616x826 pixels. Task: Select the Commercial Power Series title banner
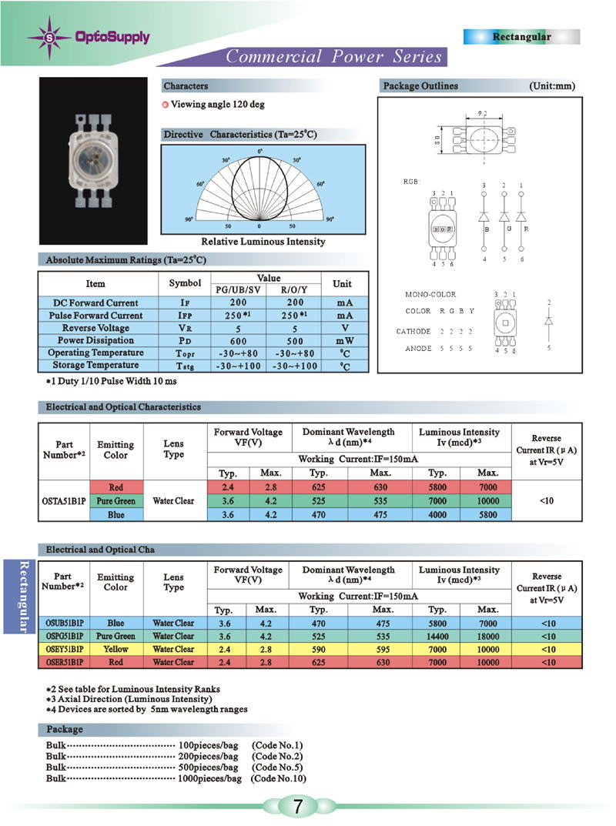[x=333, y=56]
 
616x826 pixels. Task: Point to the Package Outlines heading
[x=420, y=86]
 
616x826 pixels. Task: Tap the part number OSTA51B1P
[x=64, y=501]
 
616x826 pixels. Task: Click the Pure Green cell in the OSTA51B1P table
[x=115, y=501]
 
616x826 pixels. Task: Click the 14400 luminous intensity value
[x=437, y=637]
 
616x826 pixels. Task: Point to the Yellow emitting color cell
[x=115, y=649]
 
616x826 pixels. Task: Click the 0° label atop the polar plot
[x=259, y=151]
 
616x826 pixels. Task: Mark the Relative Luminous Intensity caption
[x=263, y=242]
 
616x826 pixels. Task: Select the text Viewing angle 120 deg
[x=218, y=105]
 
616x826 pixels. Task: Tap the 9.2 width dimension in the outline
[x=483, y=113]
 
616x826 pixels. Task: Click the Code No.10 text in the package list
[x=279, y=778]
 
